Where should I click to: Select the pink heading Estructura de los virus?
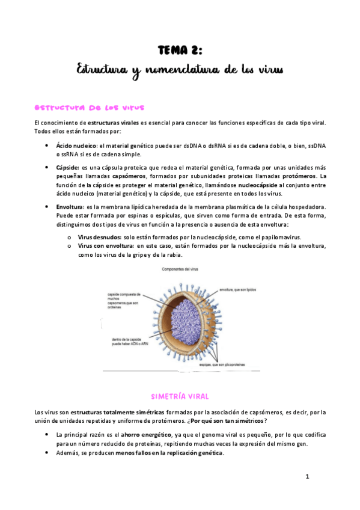[x=90, y=108]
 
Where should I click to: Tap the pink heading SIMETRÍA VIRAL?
[x=180, y=396]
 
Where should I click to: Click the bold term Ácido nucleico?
[x=76, y=146]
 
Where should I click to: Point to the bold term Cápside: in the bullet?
[x=67, y=167]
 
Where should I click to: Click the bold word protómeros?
[x=299, y=176]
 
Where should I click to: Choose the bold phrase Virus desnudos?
[x=99, y=237]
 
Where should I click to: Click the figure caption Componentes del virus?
[x=180, y=270]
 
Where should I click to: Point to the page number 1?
[x=307, y=476]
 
